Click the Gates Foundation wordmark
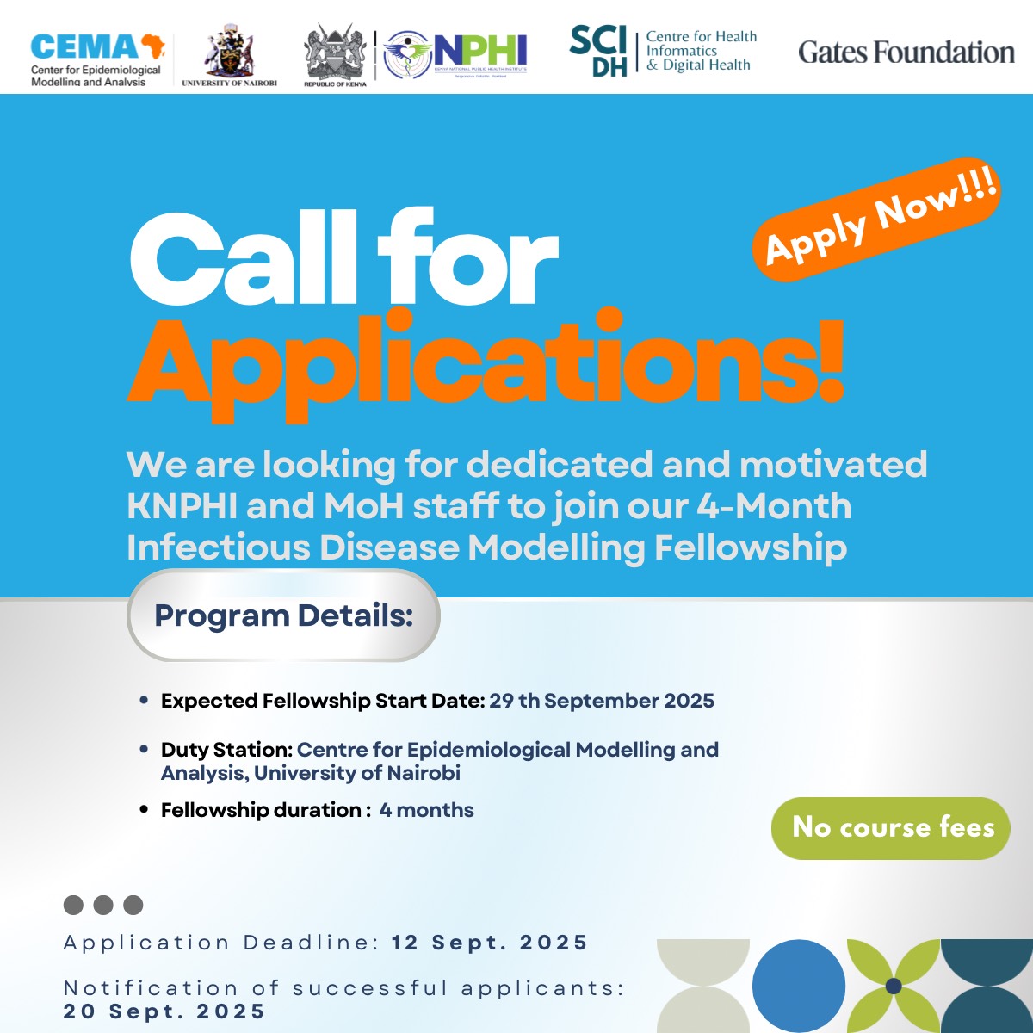click(906, 53)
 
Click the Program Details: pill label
click(283, 615)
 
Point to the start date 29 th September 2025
click(602, 701)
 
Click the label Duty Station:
click(226, 750)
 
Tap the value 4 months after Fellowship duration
click(426, 810)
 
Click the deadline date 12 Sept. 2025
click(489, 943)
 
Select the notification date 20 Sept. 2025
click(164, 1011)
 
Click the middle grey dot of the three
click(103, 905)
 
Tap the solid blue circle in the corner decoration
click(798, 985)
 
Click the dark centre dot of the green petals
click(893, 986)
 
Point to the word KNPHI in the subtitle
click(182, 506)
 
